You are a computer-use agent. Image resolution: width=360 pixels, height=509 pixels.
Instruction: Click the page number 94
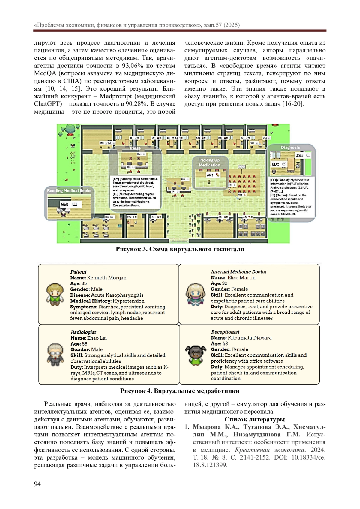coord(37,484)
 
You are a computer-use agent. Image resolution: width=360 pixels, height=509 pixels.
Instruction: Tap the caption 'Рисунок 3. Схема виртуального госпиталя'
coord(180,249)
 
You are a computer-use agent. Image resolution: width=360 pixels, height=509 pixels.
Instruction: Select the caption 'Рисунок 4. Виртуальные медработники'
coord(180,391)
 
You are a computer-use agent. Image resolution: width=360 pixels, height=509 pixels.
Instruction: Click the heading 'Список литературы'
coord(255,419)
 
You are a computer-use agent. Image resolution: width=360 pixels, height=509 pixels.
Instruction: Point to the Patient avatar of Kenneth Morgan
coord(55,294)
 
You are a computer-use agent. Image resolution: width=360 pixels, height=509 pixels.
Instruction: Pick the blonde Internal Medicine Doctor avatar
coord(195,294)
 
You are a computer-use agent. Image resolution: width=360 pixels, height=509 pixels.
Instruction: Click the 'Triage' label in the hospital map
coord(135,148)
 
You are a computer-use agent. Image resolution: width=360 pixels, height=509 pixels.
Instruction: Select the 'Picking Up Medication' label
coord(210,163)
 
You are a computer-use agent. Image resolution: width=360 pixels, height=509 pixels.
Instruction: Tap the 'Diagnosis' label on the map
coord(290,148)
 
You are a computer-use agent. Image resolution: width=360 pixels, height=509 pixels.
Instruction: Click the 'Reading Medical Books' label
coord(69,191)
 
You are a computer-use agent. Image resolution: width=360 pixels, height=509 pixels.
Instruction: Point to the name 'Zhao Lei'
coord(97,338)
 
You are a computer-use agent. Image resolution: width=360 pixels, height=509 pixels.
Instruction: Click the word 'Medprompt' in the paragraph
coord(156,96)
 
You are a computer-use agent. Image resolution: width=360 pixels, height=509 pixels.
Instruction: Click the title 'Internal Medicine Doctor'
coord(239,272)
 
